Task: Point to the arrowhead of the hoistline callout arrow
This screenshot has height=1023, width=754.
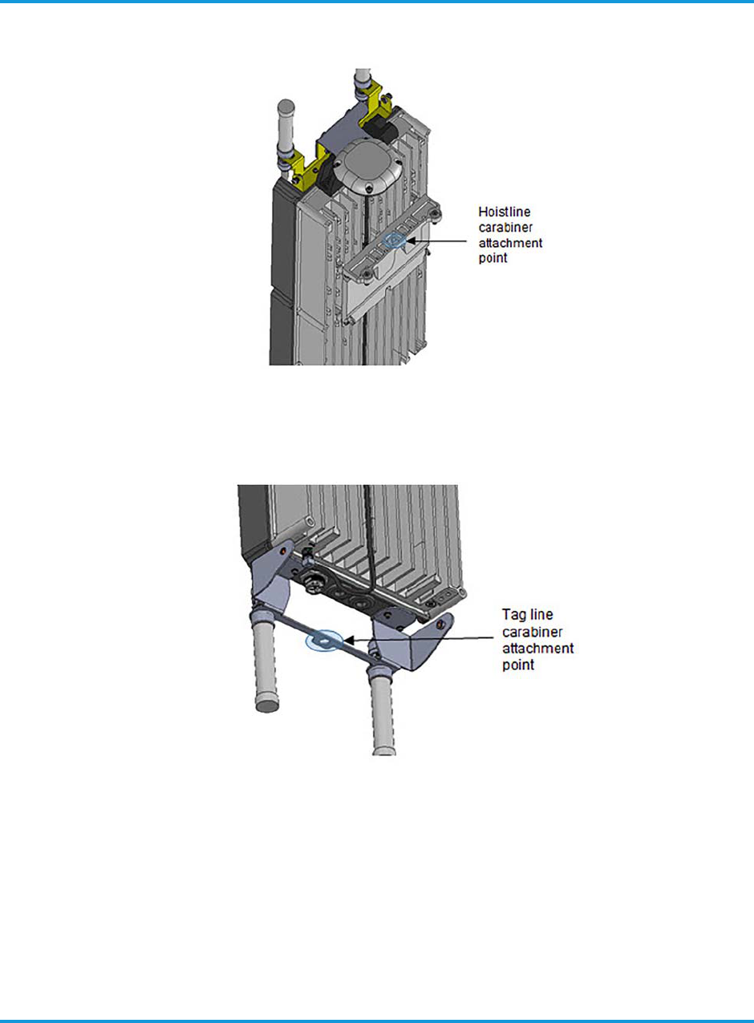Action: point(409,238)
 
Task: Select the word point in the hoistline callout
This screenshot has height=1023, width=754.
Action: point(491,261)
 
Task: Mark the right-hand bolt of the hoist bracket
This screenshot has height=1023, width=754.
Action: point(437,212)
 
